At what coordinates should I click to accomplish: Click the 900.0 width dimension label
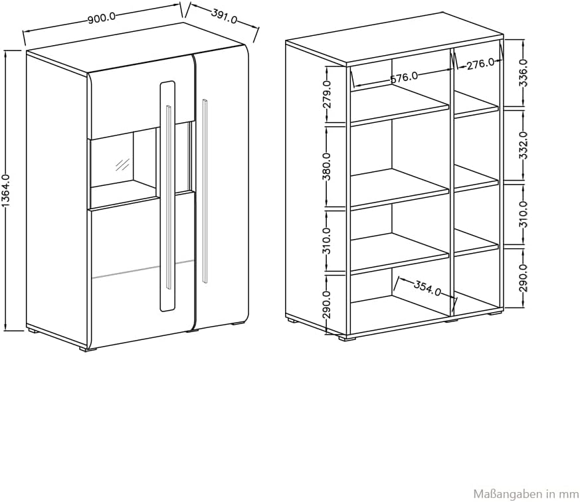[102, 17]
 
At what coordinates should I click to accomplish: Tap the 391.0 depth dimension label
[224, 16]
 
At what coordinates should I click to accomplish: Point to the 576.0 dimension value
[404, 78]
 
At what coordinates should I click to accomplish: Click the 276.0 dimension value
[480, 64]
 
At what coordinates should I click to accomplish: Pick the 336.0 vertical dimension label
[524, 72]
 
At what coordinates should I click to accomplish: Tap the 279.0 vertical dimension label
[328, 94]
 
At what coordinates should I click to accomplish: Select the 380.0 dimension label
[328, 166]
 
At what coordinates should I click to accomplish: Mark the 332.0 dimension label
[524, 145]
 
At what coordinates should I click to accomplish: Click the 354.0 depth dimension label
[427, 288]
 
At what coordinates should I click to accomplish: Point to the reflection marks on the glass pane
[122, 165]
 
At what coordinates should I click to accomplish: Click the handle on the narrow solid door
[205, 191]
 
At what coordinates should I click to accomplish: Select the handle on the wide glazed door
[169, 197]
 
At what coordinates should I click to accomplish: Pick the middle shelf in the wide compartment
[400, 190]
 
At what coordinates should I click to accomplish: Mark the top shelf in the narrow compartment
[476, 105]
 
